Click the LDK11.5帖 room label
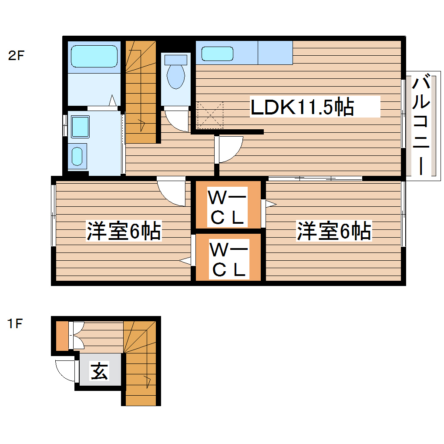click(x=302, y=107)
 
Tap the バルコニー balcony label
click(x=421, y=125)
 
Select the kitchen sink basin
click(x=217, y=54)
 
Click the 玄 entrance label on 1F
click(x=100, y=370)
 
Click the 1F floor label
click(x=14, y=324)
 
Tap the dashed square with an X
click(x=210, y=115)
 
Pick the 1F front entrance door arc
click(x=65, y=371)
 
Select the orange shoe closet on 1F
click(x=62, y=336)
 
